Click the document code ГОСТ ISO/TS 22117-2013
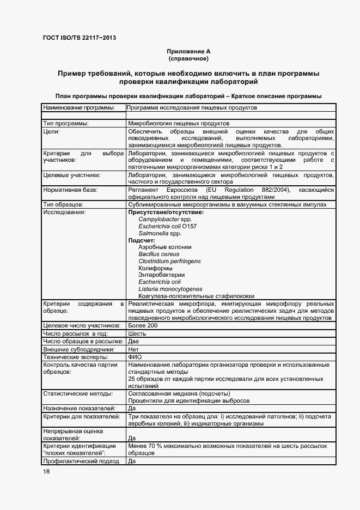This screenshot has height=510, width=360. click(79, 38)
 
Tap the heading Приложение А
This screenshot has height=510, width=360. click(188, 51)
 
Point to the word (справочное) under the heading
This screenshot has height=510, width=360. click(188, 58)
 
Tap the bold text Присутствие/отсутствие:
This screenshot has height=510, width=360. click(166, 212)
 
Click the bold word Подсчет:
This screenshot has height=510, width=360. click(142, 240)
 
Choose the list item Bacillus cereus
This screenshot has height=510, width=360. click(158, 254)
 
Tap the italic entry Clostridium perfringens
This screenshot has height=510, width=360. click(169, 261)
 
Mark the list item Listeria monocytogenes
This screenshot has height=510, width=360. click(170, 289)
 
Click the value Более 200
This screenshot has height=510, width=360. click(143, 325)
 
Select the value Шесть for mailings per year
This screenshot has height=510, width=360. click(137, 333)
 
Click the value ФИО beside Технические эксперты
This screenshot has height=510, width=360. click(135, 356)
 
